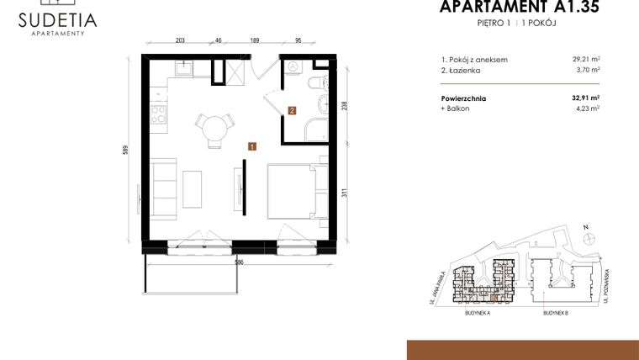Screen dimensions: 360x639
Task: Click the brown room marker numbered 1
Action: click(x=251, y=146)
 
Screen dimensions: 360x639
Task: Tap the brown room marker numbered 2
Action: click(x=292, y=109)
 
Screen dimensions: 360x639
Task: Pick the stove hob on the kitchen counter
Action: click(x=156, y=114)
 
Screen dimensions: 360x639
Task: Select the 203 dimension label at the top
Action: click(x=181, y=39)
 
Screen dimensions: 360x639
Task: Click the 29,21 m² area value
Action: click(x=585, y=60)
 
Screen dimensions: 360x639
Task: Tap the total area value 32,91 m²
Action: click(x=585, y=98)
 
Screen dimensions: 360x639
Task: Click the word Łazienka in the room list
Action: click(x=464, y=71)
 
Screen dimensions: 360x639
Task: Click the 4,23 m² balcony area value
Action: click(x=585, y=109)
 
